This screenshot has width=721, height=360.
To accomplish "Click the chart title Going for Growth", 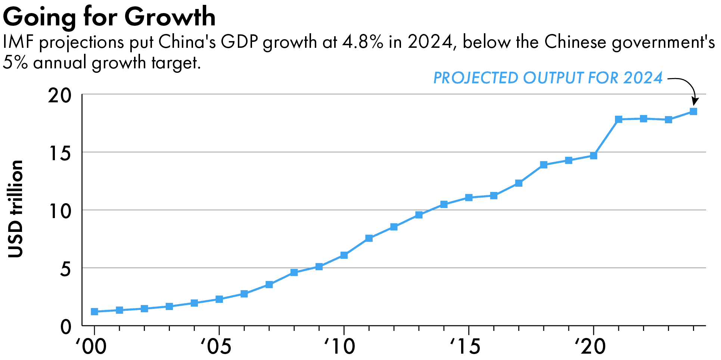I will click(109, 17).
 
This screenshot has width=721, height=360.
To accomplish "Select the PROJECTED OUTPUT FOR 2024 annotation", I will click(548, 78).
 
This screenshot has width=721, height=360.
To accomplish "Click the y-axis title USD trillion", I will click(16, 209).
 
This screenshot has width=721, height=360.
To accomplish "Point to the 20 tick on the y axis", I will click(59, 96).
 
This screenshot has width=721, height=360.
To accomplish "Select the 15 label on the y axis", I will click(59, 153).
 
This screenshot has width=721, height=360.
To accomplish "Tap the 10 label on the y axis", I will click(59, 211).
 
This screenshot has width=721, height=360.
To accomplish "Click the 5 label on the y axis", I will click(65, 269).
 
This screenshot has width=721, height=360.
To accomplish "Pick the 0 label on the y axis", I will click(65, 327).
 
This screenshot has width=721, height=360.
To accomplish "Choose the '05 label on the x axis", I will click(216, 347).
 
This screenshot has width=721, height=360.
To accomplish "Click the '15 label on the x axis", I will click(465, 347).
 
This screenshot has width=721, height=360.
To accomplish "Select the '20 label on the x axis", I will click(590, 347).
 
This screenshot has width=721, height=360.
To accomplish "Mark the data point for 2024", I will click(693, 111).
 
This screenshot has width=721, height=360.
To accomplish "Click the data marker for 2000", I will click(94, 311).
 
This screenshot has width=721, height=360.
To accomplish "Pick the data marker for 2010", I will click(344, 255).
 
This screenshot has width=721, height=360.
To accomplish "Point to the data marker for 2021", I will click(618, 120).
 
